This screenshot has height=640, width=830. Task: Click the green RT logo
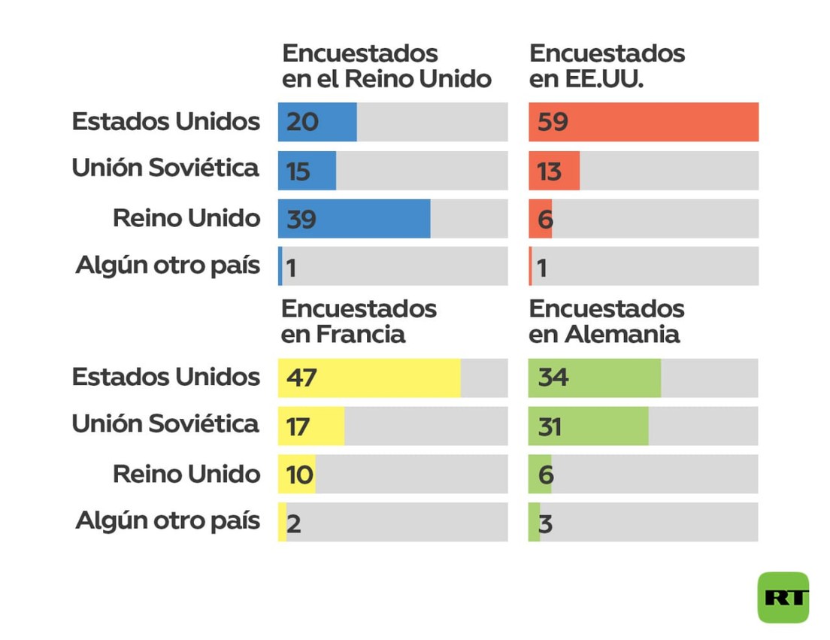pos(783,597)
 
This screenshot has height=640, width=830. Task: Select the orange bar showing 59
pos(644,122)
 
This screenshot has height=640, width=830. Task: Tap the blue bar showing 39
pos(354,219)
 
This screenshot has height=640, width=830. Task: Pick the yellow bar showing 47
pos(369,378)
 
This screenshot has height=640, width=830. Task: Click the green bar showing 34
pos(595,378)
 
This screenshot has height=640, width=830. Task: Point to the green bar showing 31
pos(588,426)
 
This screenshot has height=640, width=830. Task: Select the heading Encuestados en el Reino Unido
pos(386,66)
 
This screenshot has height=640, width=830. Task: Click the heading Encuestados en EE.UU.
pos(607,66)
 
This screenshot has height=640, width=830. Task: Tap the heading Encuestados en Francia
pos(359,321)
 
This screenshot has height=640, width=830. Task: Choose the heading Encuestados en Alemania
pos(607,321)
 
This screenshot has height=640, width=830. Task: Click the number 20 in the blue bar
pos(302,122)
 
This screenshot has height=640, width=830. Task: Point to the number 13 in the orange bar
pos(549,171)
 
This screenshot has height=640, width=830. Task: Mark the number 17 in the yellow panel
pos(298,427)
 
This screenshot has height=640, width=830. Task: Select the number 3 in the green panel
pos(546,523)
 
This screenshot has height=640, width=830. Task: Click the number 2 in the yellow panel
pos(294,523)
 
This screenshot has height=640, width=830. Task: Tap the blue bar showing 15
pos(307,171)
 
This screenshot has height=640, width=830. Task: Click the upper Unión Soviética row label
pos(165,168)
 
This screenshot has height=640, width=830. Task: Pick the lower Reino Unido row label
pos(186,474)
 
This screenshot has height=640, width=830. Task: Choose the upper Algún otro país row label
pos(168,265)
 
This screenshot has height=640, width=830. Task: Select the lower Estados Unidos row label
pos(166,377)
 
